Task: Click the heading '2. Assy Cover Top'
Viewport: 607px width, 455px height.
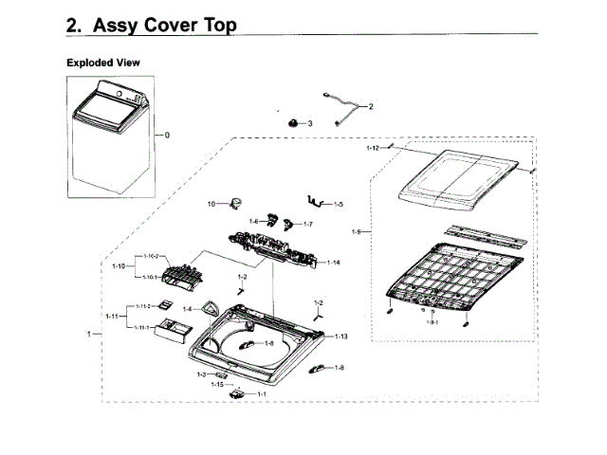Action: click(152, 25)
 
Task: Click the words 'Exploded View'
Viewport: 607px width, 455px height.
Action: click(103, 63)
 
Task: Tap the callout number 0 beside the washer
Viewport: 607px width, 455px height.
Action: click(167, 135)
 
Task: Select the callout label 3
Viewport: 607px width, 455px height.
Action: click(309, 124)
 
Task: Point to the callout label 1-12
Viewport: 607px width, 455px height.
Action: click(373, 149)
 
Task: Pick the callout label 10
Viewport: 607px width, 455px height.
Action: click(212, 204)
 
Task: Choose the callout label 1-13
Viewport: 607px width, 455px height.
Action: click(340, 337)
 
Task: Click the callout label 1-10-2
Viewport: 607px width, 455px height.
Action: click(153, 257)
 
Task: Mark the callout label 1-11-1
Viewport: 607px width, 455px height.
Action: click(141, 327)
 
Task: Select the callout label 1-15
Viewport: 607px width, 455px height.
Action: click(216, 384)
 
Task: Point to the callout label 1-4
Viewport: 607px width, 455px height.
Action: click(188, 309)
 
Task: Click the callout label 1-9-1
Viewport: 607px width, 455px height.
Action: click(432, 322)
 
